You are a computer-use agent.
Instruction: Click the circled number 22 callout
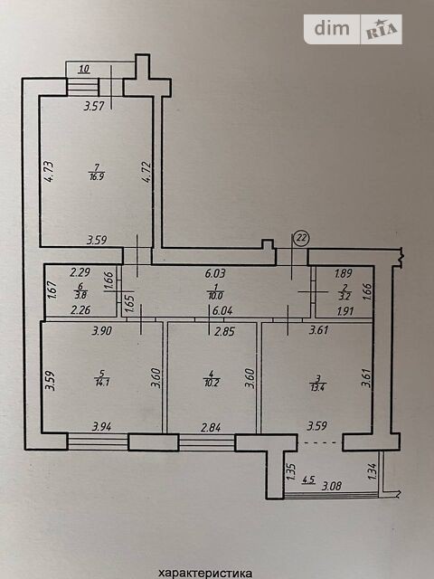(302, 239)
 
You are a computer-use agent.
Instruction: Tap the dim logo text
(332, 29)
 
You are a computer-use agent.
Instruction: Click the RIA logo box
(382, 30)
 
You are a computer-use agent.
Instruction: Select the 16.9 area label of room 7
(97, 177)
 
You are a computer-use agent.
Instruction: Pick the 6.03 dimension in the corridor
(216, 273)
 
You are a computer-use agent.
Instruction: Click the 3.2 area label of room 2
(344, 296)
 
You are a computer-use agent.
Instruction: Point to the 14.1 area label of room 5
(101, 382)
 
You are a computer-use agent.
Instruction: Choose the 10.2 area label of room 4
(212, 382)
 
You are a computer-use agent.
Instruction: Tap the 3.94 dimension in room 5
(102, 427)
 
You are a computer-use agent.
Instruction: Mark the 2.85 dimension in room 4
(225, 331)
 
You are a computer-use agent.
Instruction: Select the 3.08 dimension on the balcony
(332, 487)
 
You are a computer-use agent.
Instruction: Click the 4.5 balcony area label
(308, 480)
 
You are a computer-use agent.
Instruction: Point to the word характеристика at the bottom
(205, 573)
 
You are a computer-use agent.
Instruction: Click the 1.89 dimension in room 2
(344, 273)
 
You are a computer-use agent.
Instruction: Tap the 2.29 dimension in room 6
(80, 272)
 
